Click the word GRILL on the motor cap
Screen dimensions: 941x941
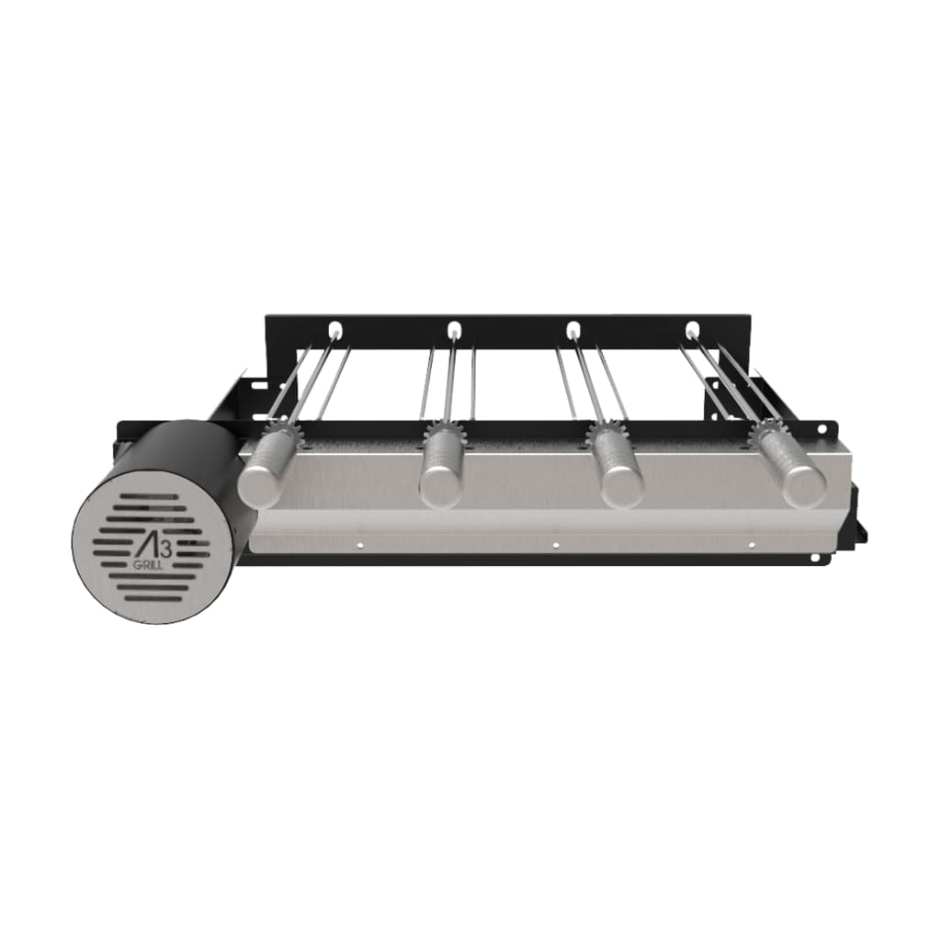click(146, 565)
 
